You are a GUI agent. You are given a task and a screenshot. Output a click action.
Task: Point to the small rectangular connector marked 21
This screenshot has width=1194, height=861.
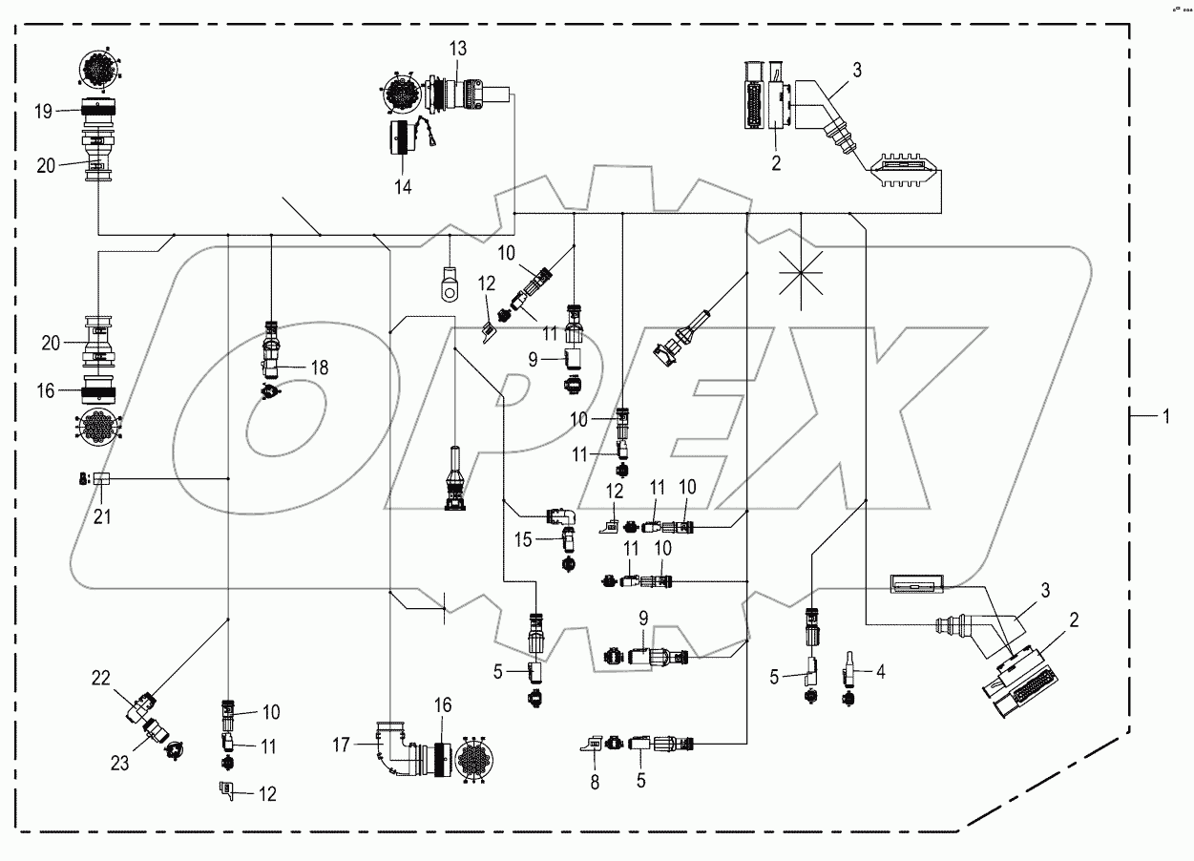(101, 479)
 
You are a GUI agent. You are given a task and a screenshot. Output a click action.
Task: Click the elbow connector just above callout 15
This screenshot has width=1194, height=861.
(561, 516)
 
